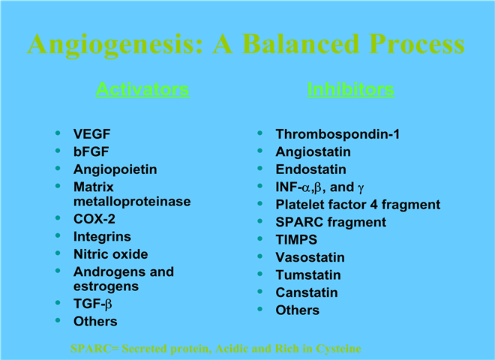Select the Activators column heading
142,89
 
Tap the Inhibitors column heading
351,89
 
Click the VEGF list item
91,134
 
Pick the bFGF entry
91,151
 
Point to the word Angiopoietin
115,169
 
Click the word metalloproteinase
132,202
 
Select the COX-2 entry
94,219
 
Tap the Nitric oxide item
111,254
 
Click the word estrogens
106,286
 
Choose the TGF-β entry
93,304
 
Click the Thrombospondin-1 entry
337,134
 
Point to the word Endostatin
311,169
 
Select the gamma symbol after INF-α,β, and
361,188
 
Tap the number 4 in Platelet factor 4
373,205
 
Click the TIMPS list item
296,240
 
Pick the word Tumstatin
308,275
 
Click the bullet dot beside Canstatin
260,291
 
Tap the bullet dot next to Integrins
58,235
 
